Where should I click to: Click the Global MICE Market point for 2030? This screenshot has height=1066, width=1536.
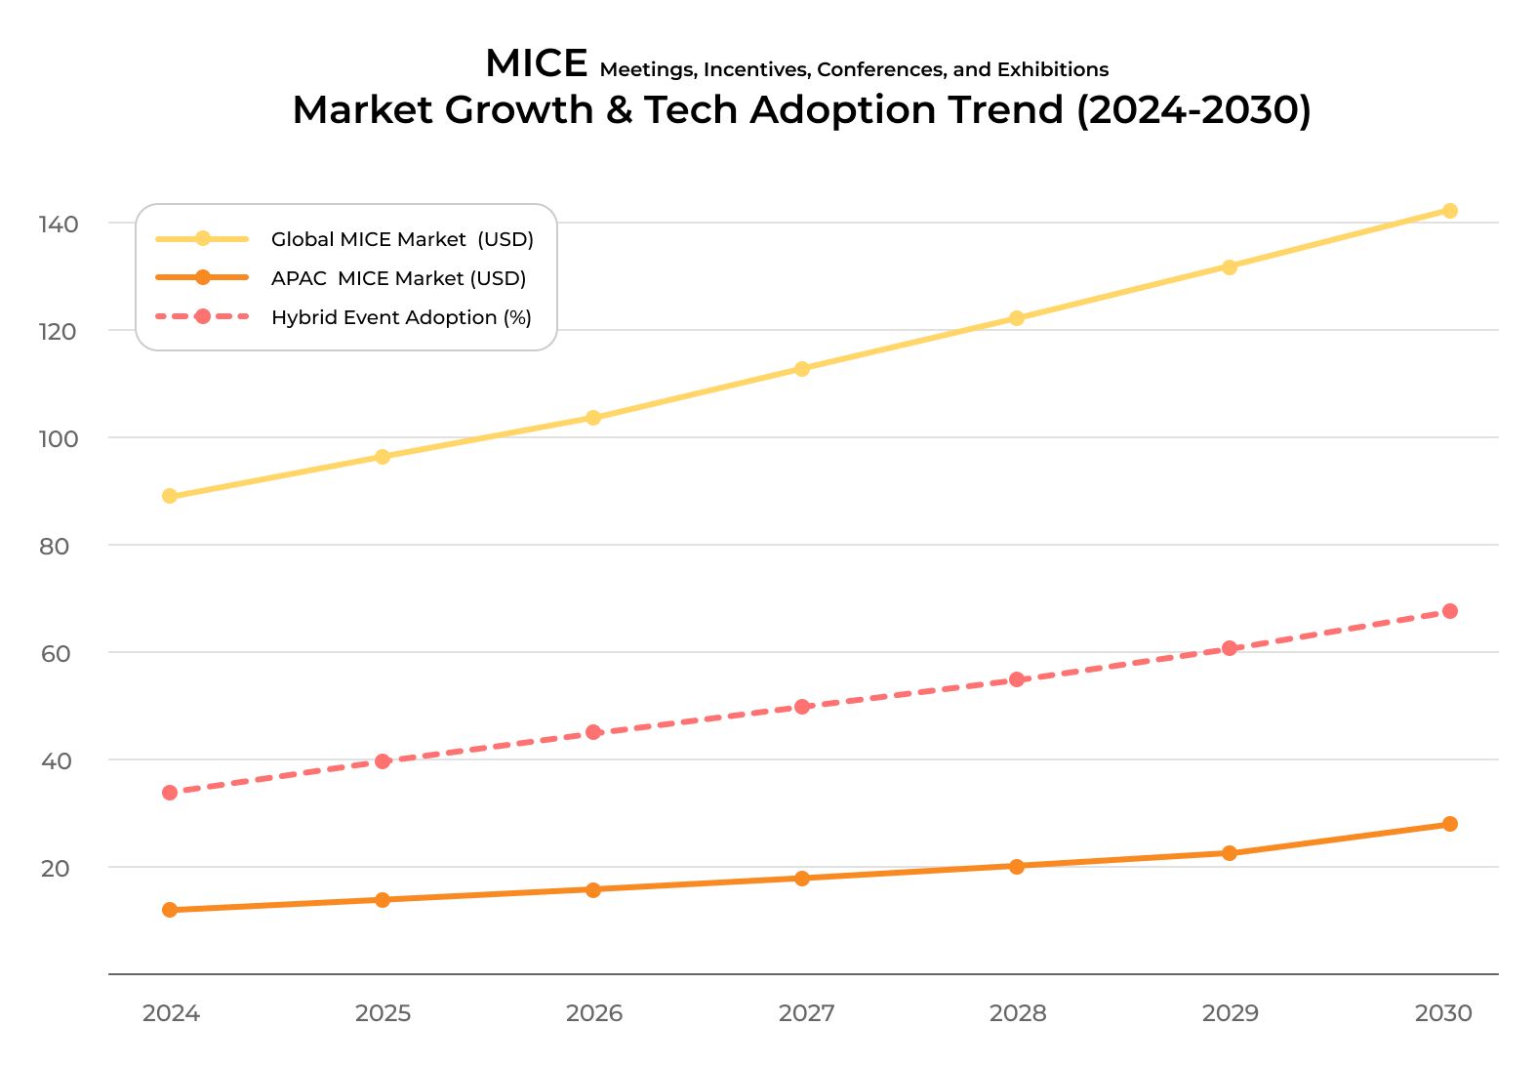pyautogui.click(x=1449, y=211)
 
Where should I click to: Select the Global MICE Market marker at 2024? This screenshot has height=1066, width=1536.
pyautogui.click(x=170, y=496)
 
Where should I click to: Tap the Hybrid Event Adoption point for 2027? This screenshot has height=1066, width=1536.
pyautogui.click(x=802, y=707)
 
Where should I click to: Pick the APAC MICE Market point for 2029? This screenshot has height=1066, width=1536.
pyautogui.click(x=1230, y=853)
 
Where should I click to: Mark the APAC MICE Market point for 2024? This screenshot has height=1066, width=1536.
pyautogui.click(x=170, y=910)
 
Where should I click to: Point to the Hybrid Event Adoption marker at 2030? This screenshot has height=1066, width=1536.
pyautogui.click(x=1449, y=611)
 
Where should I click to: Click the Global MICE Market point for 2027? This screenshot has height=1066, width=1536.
pyautogui.click(x=802, y=369)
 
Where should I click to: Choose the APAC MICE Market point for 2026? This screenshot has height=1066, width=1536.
pyautogui.click(x=593, y=889)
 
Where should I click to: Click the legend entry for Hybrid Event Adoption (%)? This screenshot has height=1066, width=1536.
pyautogui.click(x=401, y=317)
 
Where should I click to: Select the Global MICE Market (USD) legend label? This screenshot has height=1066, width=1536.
pyautogui.click(x=402, y=239)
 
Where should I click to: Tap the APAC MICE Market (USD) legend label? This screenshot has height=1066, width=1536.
pyautogui.click(x=398, y=278)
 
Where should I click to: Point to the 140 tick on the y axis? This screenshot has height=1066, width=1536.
pyautogui.click(x=59, y=225)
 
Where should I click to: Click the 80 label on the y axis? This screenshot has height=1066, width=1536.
pyautogui.click(x=55, y=547)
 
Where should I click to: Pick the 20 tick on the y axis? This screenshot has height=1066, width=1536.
pyautogui.click(x=56, y=869)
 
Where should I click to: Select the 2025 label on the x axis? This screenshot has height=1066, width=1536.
pyautogui.click(x=383, y=1013)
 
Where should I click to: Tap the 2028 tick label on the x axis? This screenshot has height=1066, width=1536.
pyautogui.click(x=1017, y=1013)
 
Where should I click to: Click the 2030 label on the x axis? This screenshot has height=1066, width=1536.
pyautogui.click(x=1443, y=1013)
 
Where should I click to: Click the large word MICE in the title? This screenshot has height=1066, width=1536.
pyautogui.click(x=536, y=63)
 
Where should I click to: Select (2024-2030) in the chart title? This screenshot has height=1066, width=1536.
pyautogui.click(x=1193, y=109)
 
